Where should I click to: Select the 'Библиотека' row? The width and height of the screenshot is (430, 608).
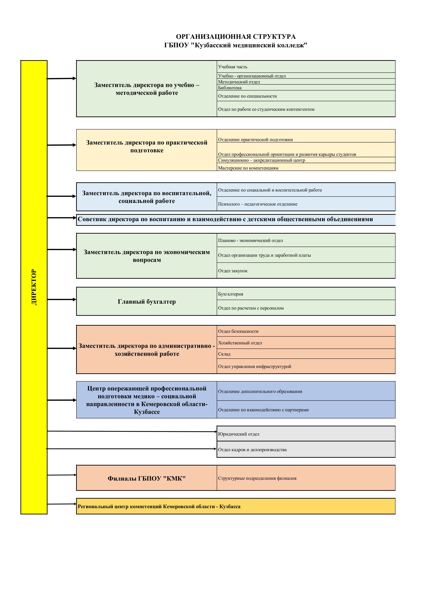(x=230, y=88)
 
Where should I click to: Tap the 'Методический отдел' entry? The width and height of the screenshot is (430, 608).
(x=239, y=82)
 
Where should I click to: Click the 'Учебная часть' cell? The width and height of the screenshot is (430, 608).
(x=233, y=67)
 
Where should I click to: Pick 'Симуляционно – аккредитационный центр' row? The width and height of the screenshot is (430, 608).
(x=261, y=160)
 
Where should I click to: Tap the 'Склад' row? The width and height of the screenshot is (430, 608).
(x=224, y=354)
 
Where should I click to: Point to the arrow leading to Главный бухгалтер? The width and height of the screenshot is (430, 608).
(x=62, y=299)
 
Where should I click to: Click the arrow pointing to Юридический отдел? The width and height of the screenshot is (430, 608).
(x=132, y=431)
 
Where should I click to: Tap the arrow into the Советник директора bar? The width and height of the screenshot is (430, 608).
(x=62, y=218)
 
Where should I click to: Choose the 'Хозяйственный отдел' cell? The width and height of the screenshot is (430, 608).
(x=240, y=343)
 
